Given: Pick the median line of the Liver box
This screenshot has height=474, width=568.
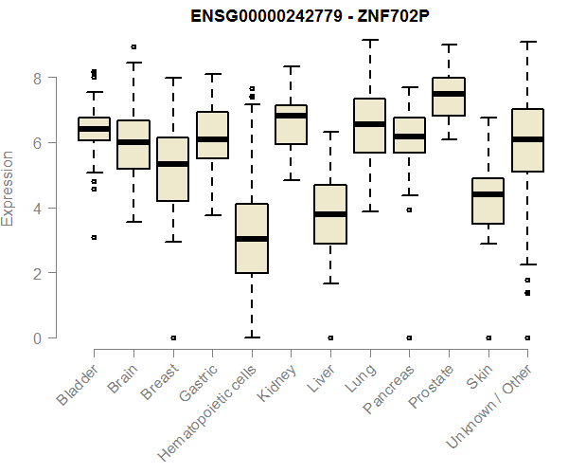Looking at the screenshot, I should pos(329,214).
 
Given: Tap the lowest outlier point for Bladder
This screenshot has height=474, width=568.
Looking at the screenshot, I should pos(94,237).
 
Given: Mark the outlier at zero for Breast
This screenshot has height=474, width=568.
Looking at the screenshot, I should pos(172,337).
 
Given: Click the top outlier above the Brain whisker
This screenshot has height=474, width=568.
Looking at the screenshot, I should pos(133,46).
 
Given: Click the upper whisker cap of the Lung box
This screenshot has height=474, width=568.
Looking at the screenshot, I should pos(369,41).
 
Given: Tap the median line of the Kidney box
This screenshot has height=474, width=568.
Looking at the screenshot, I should pos(291,116).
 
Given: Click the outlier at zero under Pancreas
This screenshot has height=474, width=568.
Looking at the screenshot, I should pos(409,337).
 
